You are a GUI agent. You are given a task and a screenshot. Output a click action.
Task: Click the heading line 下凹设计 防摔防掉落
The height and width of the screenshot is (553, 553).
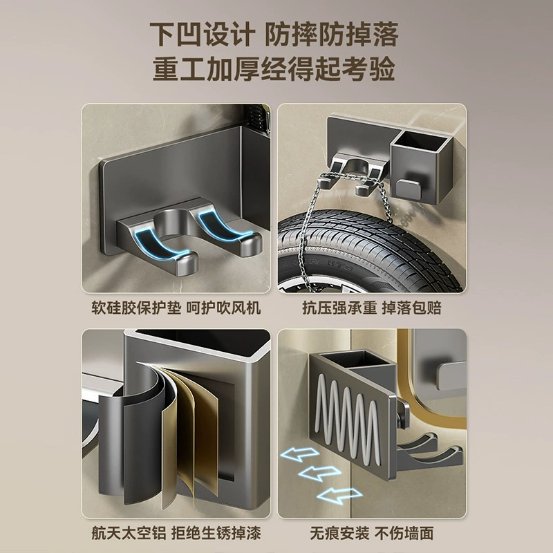(x=274, y=34)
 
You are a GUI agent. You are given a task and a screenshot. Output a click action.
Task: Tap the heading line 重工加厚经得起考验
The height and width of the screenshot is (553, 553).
(x=274, y=68)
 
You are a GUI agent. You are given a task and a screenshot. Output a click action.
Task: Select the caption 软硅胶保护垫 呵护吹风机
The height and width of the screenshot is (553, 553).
(x=176, y=308)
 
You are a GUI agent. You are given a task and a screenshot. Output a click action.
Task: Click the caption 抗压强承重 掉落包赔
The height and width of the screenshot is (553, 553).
(x=372, y=308)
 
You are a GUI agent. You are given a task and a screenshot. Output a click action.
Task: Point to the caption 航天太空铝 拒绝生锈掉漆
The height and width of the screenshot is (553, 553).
(x=176, y=533)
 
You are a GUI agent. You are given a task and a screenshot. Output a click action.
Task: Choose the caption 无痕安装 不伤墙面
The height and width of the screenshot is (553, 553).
(x=372, y=533)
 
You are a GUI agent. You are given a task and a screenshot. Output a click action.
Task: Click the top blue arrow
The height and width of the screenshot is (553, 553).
(x=299, y=454)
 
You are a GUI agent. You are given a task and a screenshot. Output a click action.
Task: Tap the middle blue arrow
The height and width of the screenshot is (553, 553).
(x=319, y=473)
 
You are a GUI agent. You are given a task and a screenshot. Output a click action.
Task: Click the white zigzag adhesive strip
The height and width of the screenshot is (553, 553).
(x=348, y=419)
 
